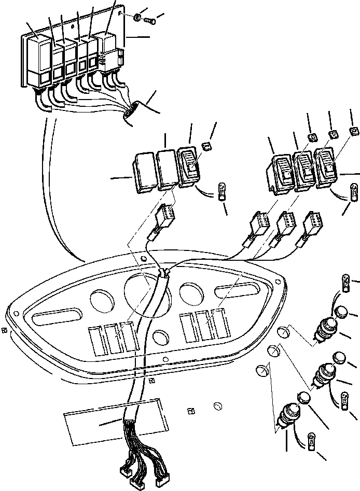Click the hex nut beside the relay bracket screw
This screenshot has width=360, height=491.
pos(136,18)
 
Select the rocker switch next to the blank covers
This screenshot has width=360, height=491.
pos(188,166)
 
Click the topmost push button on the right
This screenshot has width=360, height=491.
pos(325,330)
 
